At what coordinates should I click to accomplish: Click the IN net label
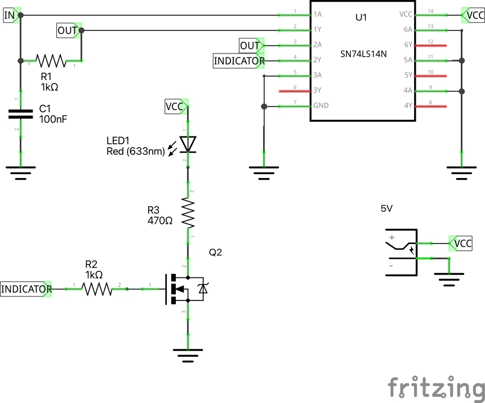coord(10,15)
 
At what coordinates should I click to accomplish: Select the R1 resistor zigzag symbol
coord(51,59)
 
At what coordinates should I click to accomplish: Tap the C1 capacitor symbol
coord(21,114)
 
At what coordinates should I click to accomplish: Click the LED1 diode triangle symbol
coord(188,144)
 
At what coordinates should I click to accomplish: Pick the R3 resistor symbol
coord(188,211)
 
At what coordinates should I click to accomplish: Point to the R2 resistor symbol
coord(97,289)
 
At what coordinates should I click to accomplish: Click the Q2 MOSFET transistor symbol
coord(186,289)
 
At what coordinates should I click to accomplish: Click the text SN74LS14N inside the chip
coord(363,55)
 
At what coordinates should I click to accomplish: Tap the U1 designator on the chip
coord(361,17)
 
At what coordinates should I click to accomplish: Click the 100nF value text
coord(53,119)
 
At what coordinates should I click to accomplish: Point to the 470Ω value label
coord(159,221)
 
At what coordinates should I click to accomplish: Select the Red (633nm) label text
coord(135,150)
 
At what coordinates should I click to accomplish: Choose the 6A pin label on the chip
coord(408,29)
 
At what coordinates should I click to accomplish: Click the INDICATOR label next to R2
coord(26,289)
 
